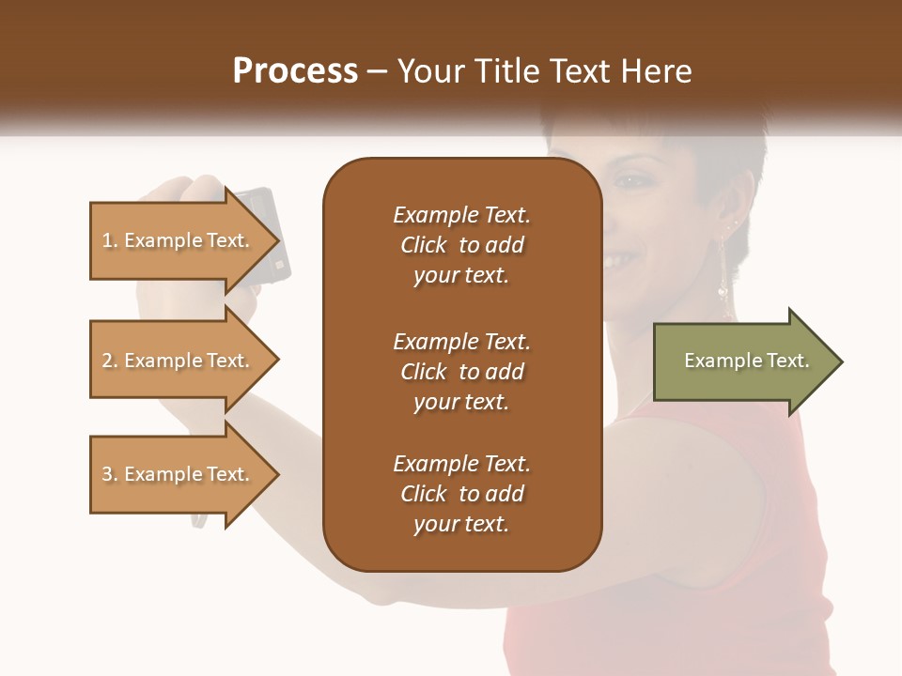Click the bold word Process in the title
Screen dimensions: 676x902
click(295, 71)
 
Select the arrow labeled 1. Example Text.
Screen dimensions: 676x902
click(179, 240)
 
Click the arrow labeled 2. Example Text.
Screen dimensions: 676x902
click(179, 361)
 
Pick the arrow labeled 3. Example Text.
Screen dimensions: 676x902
click(179, 474)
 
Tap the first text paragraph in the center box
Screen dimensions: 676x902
click(461, 245)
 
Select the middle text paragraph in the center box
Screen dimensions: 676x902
click(461, 371)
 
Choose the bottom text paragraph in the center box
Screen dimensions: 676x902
click(461, 494)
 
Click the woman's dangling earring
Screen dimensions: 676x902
click(723, 272)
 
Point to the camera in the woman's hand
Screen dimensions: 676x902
click(263, 230)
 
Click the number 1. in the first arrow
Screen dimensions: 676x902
click(110, 240)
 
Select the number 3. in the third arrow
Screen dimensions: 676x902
click(110, 474)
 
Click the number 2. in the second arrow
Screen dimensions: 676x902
click(110, 361)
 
